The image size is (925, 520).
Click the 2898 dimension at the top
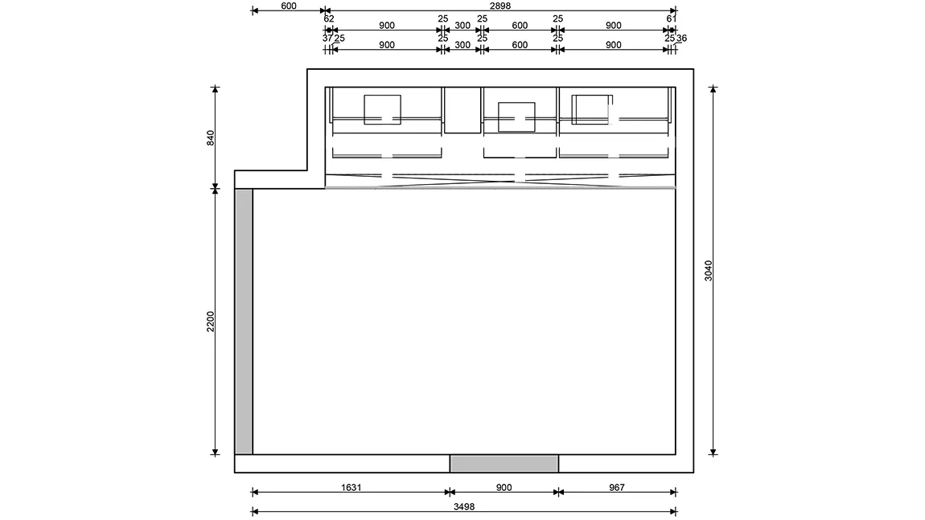pos(499,6)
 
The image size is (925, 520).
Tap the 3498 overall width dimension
pos(463,506)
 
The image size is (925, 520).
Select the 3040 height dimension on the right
pos(709,271)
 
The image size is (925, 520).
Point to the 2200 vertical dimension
pos(211,321)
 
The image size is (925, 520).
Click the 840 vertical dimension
pos(211,138)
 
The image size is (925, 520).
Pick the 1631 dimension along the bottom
pos(351,488)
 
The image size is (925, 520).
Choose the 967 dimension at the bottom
pos(616,488)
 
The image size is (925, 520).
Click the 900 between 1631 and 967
pos(504,488)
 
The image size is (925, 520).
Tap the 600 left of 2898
pos(289,6)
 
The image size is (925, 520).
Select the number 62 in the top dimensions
pos(329,18)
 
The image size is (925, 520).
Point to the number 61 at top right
pos(672,18)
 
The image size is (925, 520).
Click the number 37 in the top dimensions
pos(327,39)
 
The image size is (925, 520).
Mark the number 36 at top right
pos(681,39)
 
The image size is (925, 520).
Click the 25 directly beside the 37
pos(339,39)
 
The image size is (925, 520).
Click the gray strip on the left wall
pos(244,321)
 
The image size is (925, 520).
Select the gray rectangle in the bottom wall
pos(504,464)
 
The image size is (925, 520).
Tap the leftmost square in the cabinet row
pos(382,109)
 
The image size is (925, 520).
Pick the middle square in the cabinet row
pos(516,117)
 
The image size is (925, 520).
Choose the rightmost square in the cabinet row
pos(592,109)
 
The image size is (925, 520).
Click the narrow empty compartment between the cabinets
pos(462,110)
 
